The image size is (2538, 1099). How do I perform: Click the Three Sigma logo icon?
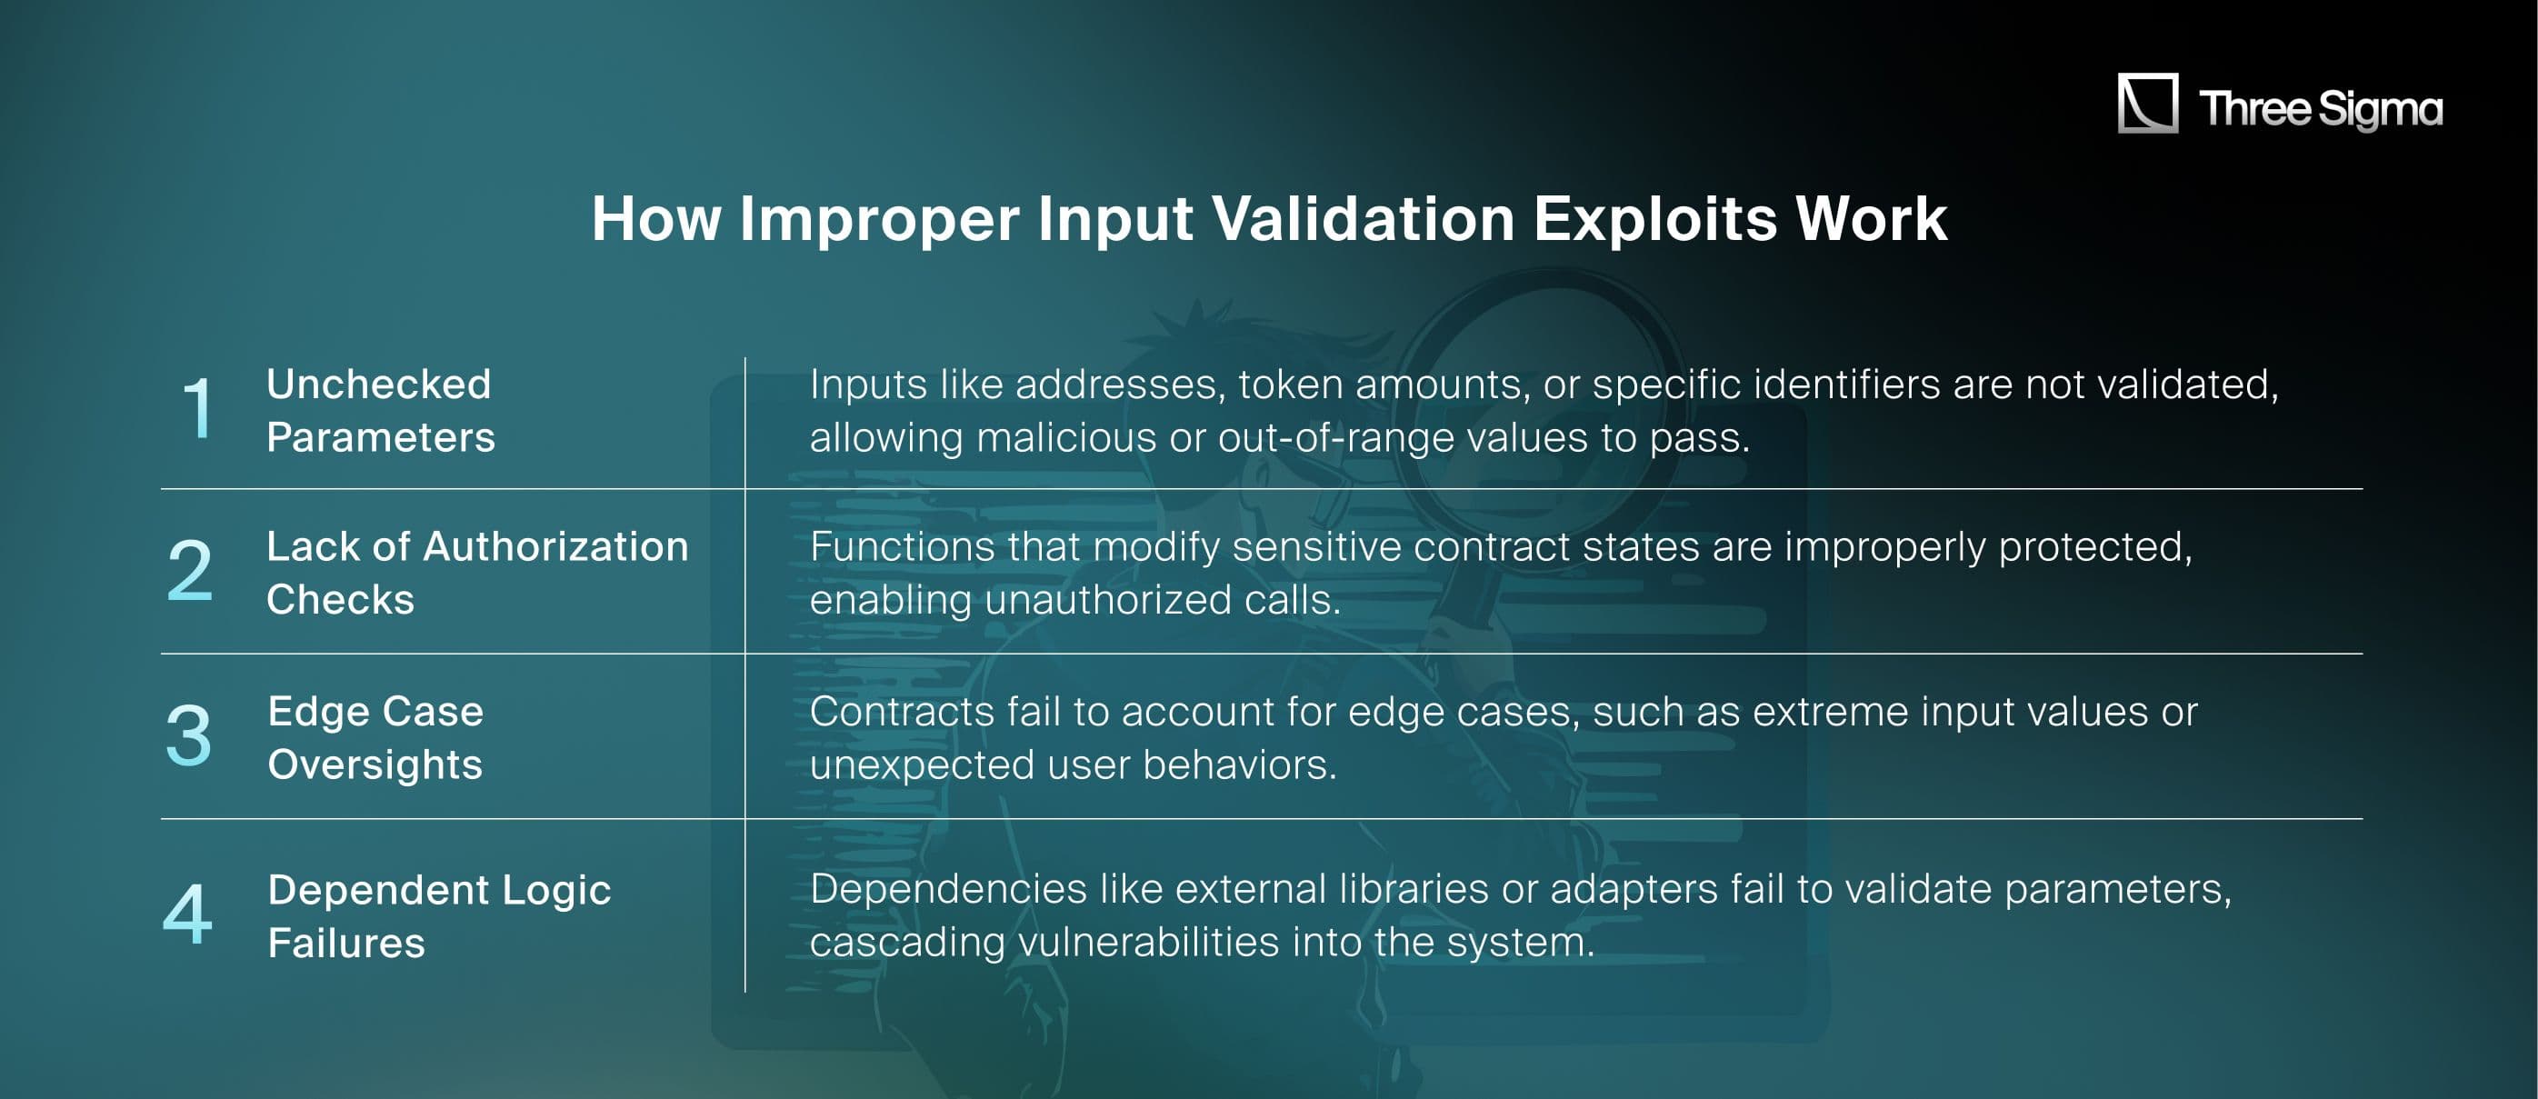[x=2147, y=103]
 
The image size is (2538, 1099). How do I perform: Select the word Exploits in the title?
[x=1655, y=219]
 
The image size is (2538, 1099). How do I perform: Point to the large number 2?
[x=189, y=571]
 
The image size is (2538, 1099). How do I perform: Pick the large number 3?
[x=188, y=735]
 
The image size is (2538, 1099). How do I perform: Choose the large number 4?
[x=187, y=914]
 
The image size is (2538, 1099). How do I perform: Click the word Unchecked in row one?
[x=378, y=385]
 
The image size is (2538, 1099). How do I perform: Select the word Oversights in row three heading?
[x=375, y=764]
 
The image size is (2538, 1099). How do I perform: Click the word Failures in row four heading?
[x=345, y=944]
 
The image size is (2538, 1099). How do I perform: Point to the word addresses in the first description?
[x=1120, y=385]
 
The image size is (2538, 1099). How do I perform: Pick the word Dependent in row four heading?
[x=378, y=890]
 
